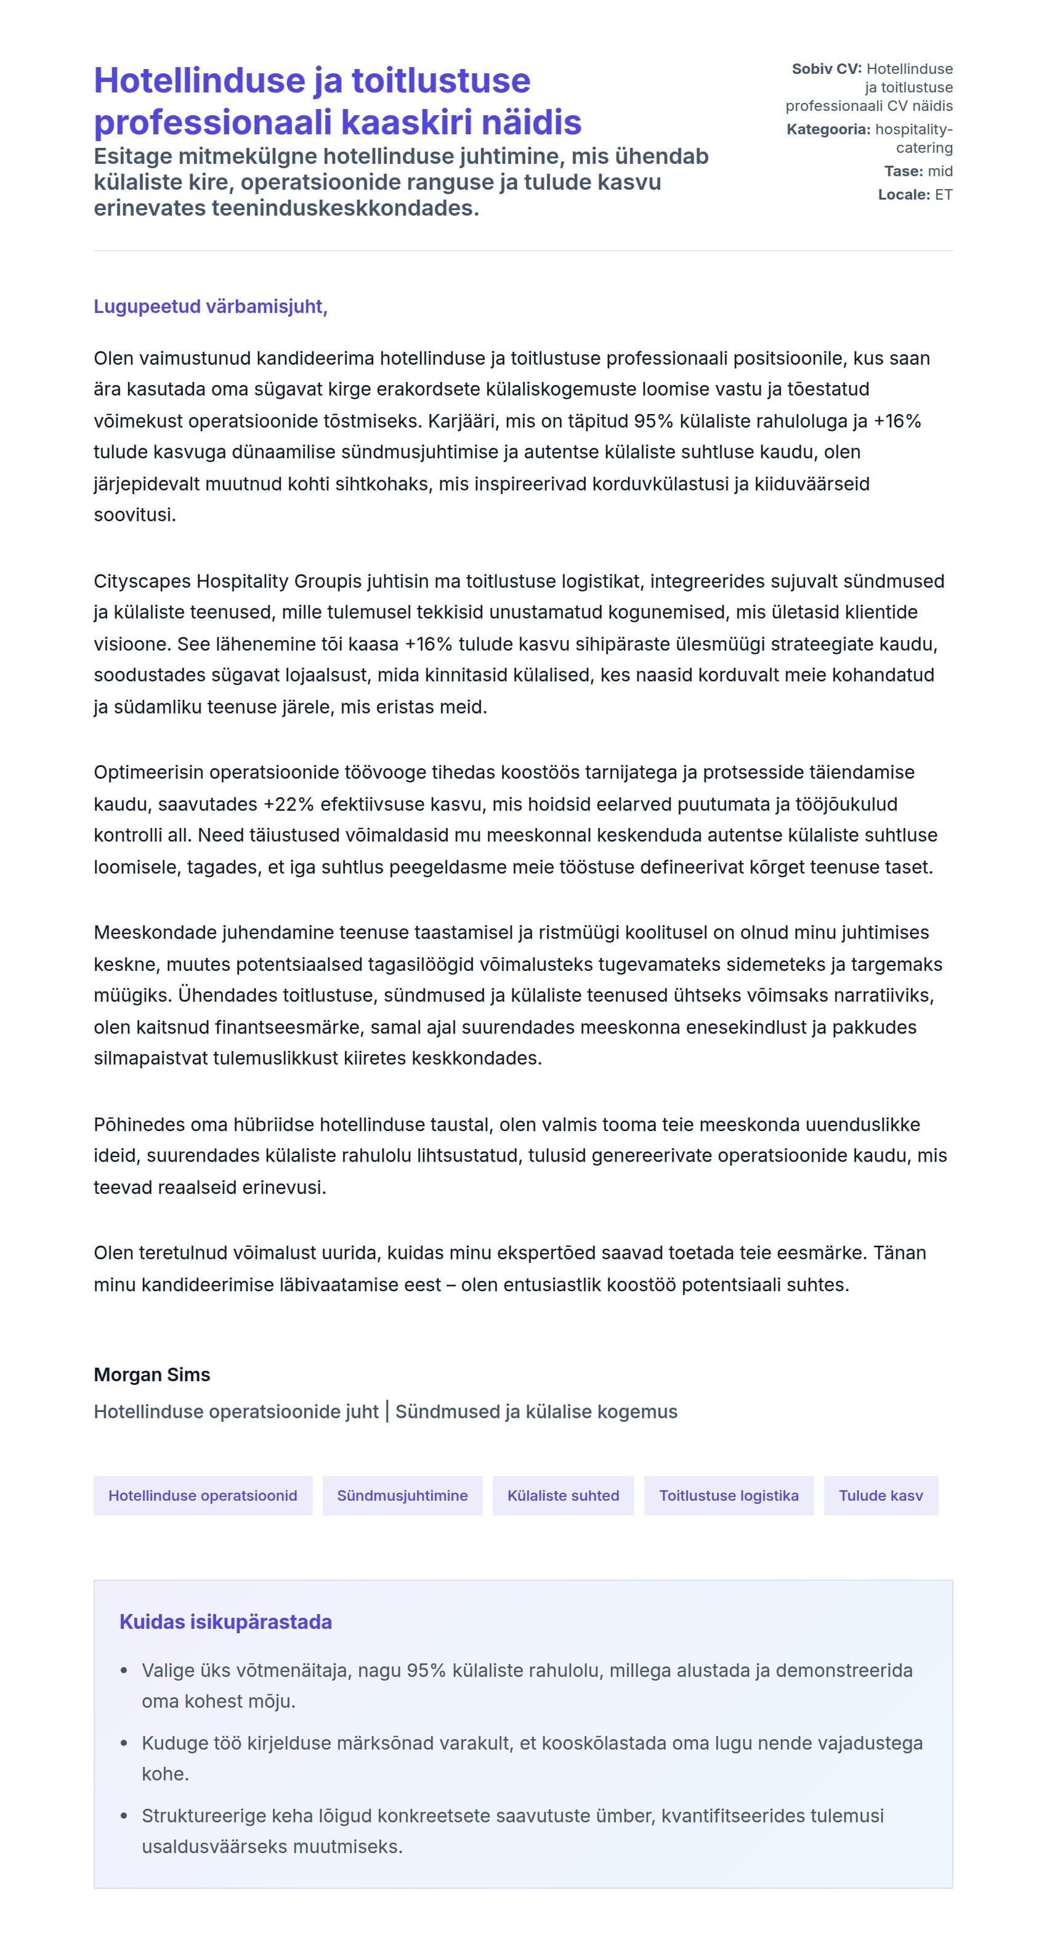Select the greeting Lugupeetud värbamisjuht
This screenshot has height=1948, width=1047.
point(210,306)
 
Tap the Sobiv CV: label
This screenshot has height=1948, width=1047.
point(827,69)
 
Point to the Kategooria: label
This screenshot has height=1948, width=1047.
point(828,129)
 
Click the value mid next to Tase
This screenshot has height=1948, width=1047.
point(940,171)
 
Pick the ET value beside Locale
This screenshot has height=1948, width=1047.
point(943,194)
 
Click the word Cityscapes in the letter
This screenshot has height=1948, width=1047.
point(142,581)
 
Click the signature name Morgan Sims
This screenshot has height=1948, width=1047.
point(152,1375)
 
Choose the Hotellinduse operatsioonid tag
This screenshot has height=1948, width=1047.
point(203,1496)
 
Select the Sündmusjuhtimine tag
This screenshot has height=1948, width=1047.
point(402,1496)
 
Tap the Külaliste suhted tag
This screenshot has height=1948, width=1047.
point(563,1496)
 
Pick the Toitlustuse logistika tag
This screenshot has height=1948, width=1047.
point(729,1496)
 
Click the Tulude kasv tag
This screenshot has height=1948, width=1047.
point(881,1496)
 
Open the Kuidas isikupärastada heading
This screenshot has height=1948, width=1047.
point(225,1622)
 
